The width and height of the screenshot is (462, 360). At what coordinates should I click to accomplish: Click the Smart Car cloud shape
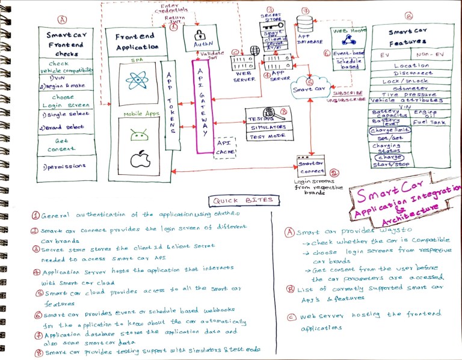(310, 88)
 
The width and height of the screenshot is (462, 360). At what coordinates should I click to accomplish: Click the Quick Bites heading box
(241, 200)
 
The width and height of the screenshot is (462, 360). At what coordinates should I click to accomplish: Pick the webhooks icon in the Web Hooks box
(348, 40)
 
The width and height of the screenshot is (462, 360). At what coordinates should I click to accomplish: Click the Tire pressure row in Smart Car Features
(401, 94)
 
